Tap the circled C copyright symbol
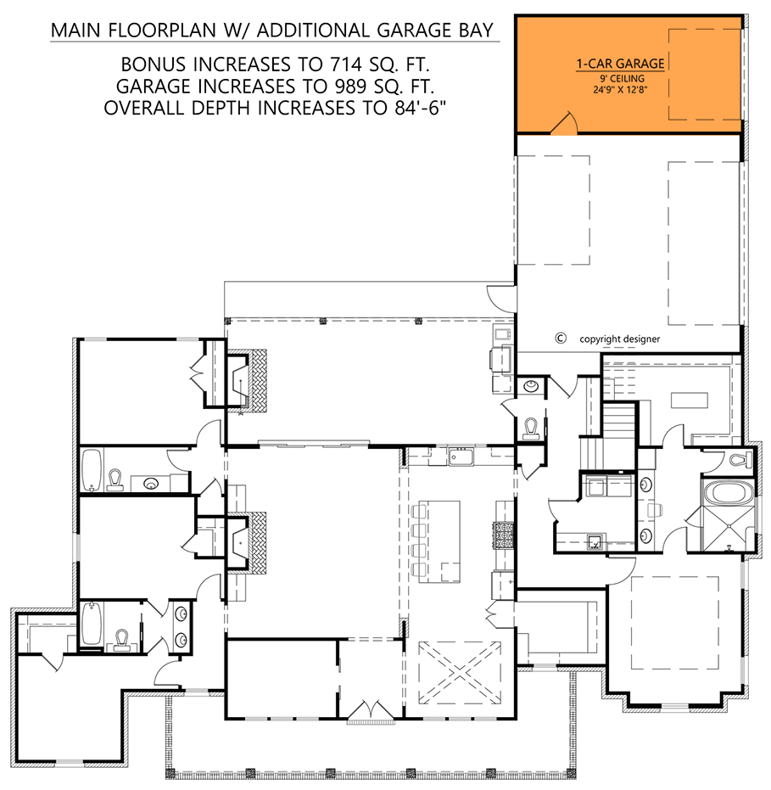point(560,338)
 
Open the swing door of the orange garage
point(563,126)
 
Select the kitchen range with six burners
point(504,535)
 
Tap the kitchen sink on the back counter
point(462,459)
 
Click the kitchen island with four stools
point(441,541)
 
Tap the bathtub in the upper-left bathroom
point(92,472)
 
